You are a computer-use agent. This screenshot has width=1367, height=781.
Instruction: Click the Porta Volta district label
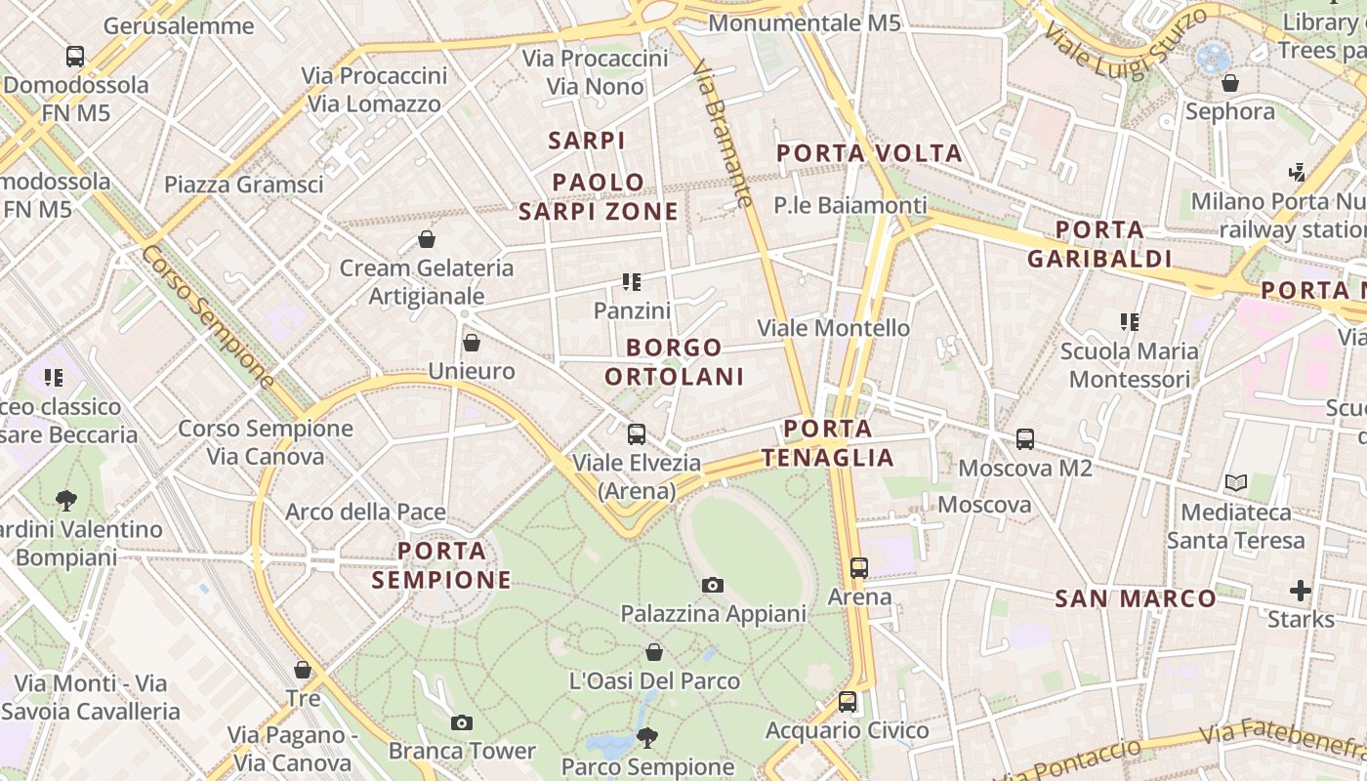coord(869,153)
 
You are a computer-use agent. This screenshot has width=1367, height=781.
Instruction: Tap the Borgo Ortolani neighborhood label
coord(675,361)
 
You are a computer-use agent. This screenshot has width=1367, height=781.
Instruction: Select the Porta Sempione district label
coord(441,565)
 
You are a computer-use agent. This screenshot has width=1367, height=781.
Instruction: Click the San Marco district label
coord(1136,598)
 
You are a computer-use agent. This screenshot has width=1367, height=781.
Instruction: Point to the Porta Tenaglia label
coord(828,443)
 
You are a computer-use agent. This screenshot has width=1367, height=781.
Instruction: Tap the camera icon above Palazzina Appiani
coord(713,585)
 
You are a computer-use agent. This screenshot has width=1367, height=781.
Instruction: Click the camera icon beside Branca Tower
coord(462,723)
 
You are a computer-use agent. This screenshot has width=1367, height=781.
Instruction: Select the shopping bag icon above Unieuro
coord(472,343)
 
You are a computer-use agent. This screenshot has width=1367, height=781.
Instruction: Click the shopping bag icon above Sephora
coord(1230,83)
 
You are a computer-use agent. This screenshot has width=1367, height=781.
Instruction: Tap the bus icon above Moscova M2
coord(1025,439)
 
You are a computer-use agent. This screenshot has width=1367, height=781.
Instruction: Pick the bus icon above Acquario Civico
coord(848,701)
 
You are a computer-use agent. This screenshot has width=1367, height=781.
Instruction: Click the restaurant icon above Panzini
coord(632,282)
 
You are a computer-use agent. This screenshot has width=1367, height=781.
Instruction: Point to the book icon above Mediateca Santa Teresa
coord(1236,482)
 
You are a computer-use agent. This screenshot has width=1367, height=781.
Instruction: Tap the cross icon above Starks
coord(1300,590)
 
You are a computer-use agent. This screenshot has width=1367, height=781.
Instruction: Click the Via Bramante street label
coord(723,133)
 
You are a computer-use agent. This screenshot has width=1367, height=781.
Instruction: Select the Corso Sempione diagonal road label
coord(208,315)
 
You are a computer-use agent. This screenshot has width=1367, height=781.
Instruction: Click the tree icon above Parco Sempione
coord(646,737)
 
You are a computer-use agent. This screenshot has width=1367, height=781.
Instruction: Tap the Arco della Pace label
coord(365,512)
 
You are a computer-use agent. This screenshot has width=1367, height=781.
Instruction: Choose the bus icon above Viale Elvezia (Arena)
coord(637,434)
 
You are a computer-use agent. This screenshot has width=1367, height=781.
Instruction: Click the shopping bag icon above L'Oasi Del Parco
coord(654,651)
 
